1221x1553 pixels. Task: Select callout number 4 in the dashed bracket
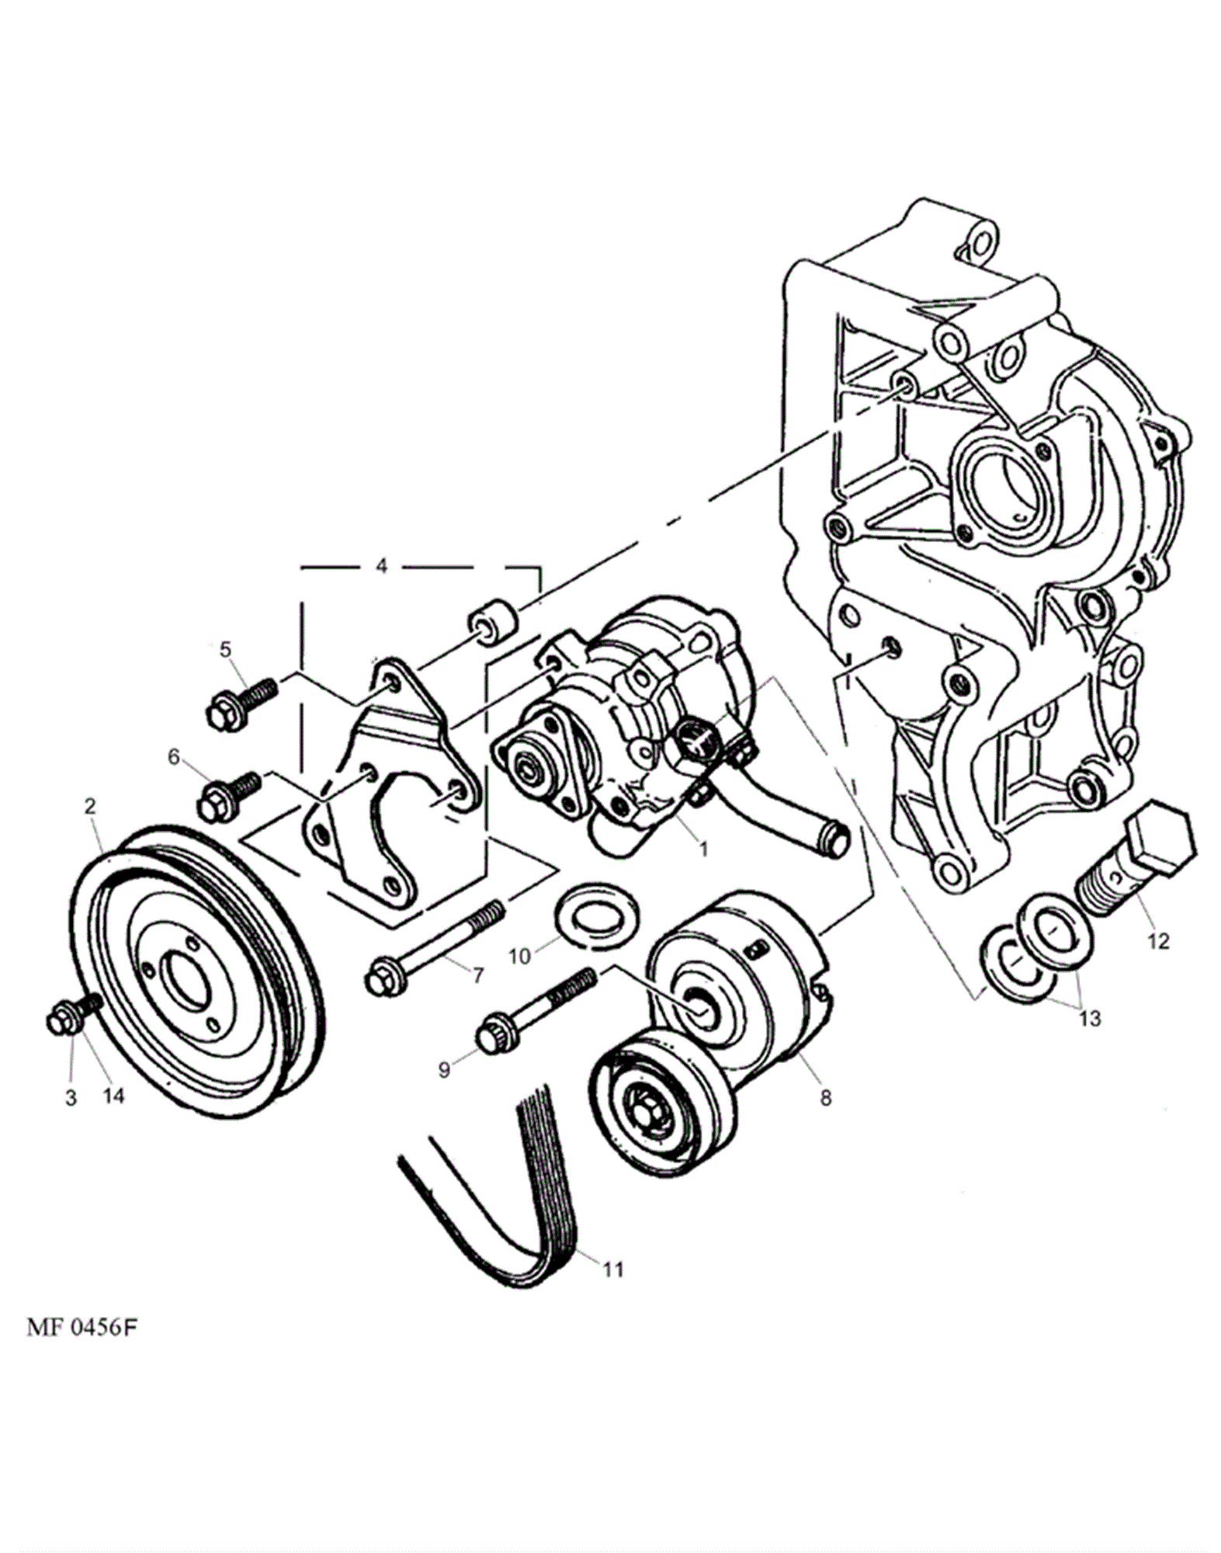[381, 566]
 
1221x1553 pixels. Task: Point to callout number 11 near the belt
[613, 1270]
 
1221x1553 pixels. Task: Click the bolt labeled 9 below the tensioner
[536, 1008]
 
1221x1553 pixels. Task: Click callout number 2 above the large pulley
[90, 807]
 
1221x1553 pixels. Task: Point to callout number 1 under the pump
[703, 849]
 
